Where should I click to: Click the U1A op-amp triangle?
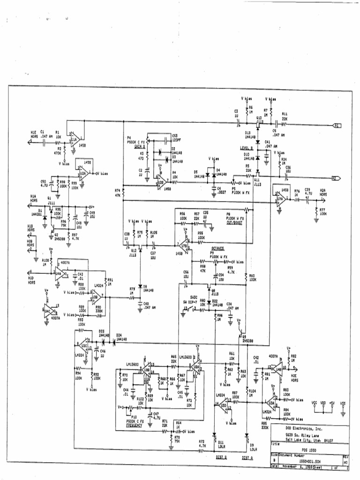coord(74,139)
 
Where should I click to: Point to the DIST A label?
coord(248,457)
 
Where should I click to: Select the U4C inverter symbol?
coord(48,310)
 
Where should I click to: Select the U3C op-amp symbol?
coord(83,346)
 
